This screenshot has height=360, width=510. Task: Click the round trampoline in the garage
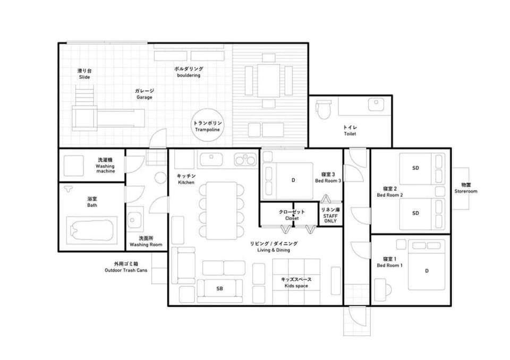pyautogui.click(x=208, y=125)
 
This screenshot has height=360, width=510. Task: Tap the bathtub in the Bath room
pyautogui.click(x=92, y=230)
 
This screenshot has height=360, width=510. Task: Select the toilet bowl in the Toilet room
pyautogui.click(x=324, y=109)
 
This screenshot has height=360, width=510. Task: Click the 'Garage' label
pyautogui.click(x=144, y=97)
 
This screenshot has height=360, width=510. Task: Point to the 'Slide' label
pyautogui.click(x=84, y=77)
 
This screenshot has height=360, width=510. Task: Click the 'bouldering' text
pyautogui.click(x=189, y=75)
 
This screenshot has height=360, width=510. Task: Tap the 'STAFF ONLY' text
pyautogui.click(x=330, y=219)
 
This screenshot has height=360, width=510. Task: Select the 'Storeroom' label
pyautogui.click(x=466, y=192)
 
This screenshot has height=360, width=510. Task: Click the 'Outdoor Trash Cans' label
pyautogui.click(x=126, y=270)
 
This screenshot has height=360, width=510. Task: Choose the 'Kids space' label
pyautogui.click(x=296, y=286)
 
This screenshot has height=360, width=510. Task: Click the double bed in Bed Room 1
pyautogui.click(x=427, y=265)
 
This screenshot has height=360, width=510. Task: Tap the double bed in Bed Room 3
pyautogui.click(x=287, y=181)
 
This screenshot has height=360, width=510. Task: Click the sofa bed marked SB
pyautogui.click(x=220, y=288)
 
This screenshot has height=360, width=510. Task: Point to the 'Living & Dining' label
pyautogui.click(x=274, y=250)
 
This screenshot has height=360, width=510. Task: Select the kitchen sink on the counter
pyautogui.click(x=211, y=159)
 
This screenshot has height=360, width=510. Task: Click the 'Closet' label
pyautogui.click(x=292, y=218)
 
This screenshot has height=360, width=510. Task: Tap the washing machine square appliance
pyautogui.click(x=73, y=166)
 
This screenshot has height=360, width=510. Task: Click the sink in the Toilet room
pyautogui.click(x=376, y=105)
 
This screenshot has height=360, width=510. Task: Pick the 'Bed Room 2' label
pyautogui.click(x=390, y=195)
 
